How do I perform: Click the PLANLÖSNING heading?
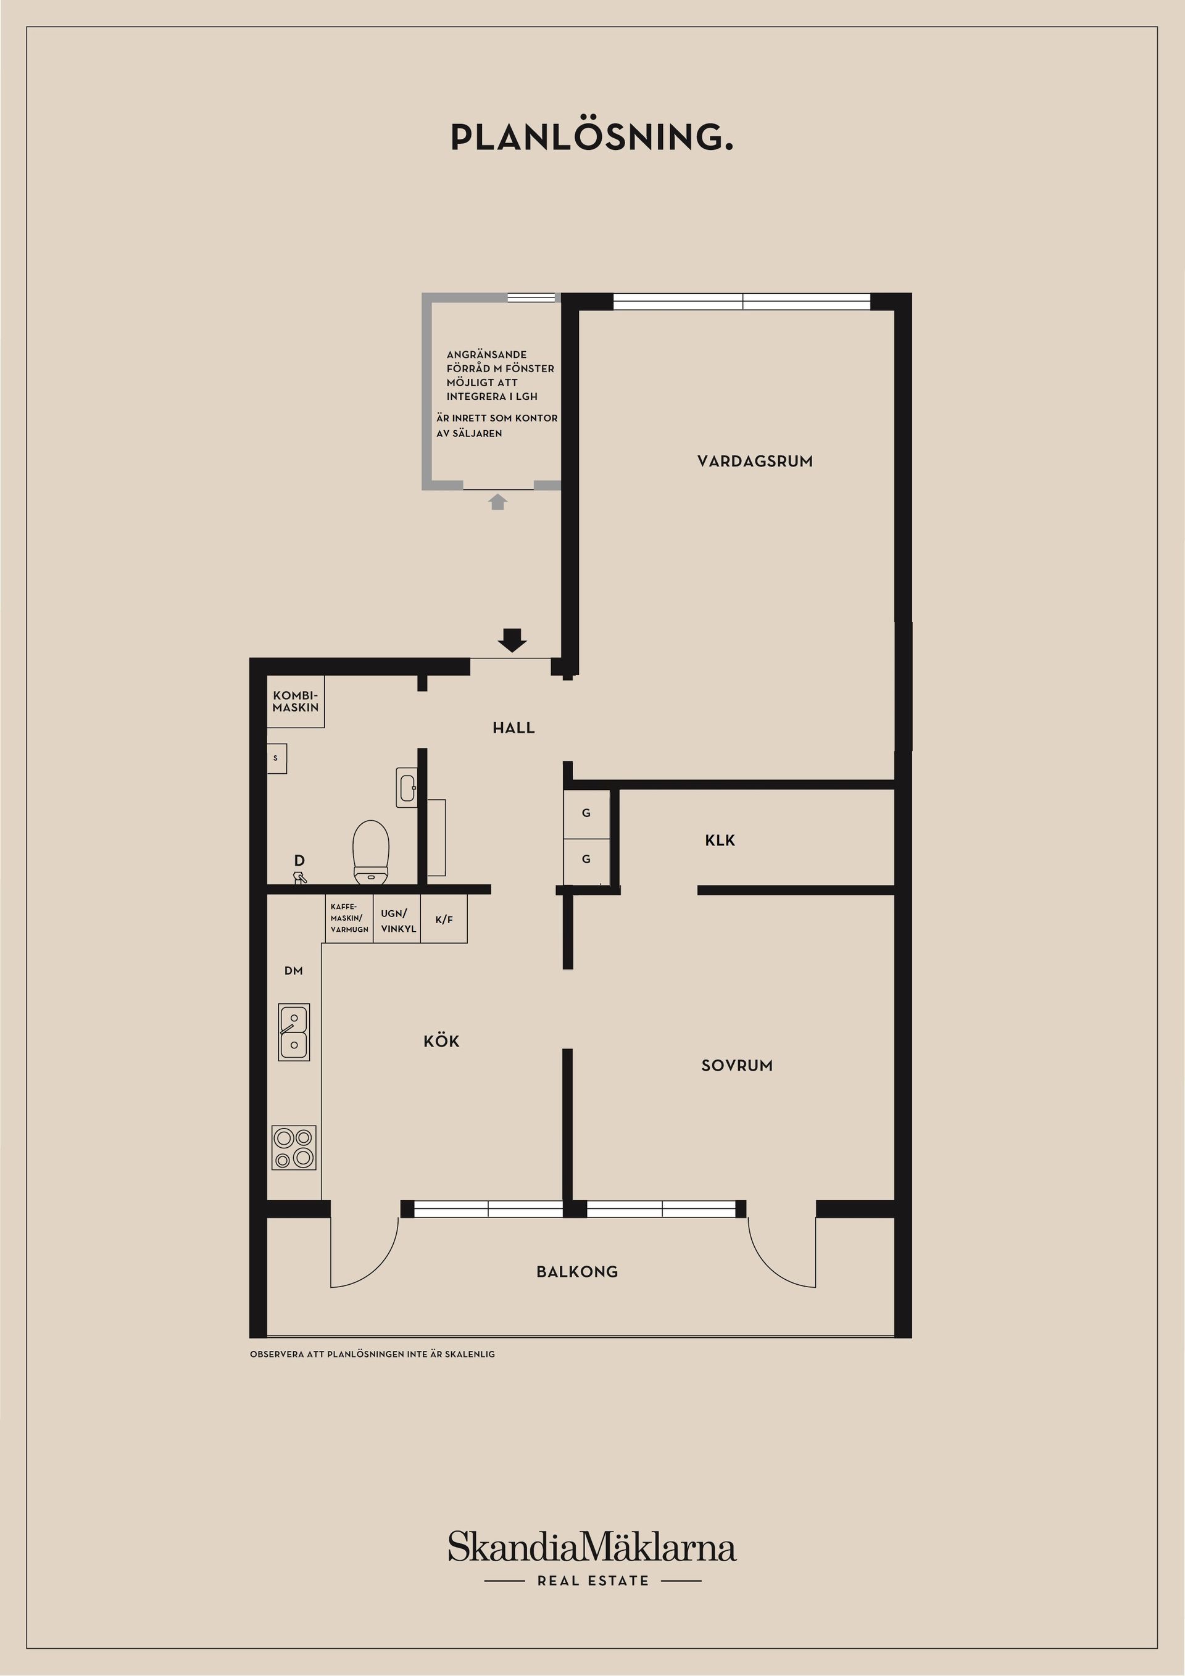pyautogui.click(x=591, y=137)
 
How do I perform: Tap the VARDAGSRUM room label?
pyautogui.click(x=754, y=462)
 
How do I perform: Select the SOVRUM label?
pyautogui.click(x=737, y=1066)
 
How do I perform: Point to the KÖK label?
pyautogui.click(x=441, y=1042)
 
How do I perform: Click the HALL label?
pyautogui.click(x=513, y=728)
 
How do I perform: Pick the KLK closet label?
pyautogui.click(x=720, y=840)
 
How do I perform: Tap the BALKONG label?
pyautogui.click(x=577, y=1272)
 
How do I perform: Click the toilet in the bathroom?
pyautogui.click(x=371, y=851)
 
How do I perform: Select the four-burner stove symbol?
pyautogui.click(x=294, y=1148)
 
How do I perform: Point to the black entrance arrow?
pyautogui.click(x=512, y=639)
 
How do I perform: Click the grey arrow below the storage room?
pyautogui.click(x=498, y=502)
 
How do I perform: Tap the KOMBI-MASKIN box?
pyautogui.click(x=295, y=702)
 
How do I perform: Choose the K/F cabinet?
pyautogui.click(x=444, y=919)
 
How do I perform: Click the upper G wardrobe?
pyautogui.click(x=586, y=813)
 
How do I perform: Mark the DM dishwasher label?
pyautogui.click(x=294, y=971)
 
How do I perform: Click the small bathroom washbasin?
pyautogui.click(x=407, y=787)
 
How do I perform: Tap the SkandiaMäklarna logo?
pyautogui.click(x=591, y=1548)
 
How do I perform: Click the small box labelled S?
pyautogui.click(x=276, y=758)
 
